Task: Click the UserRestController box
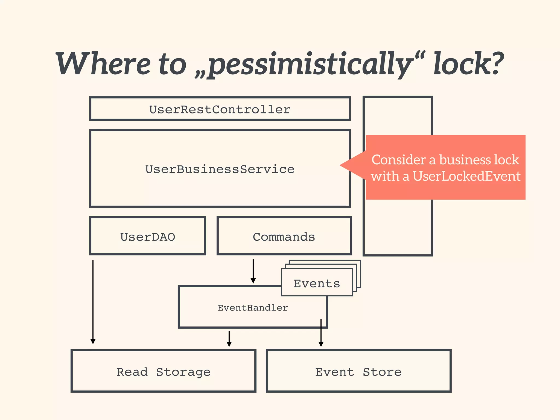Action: click(220, 109)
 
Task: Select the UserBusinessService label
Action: click(220, 169)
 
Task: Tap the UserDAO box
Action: click(148, 237)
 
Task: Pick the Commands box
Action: click(284, 237)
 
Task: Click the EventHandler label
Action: click(253, 308)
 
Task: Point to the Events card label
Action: click(317, 283)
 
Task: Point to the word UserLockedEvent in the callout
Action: click(466, 176)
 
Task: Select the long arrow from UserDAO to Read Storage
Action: click(93, 301)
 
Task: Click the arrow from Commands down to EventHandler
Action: click(253, 271)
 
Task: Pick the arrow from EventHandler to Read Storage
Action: click(229, 339)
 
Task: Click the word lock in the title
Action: click(459, 64)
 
